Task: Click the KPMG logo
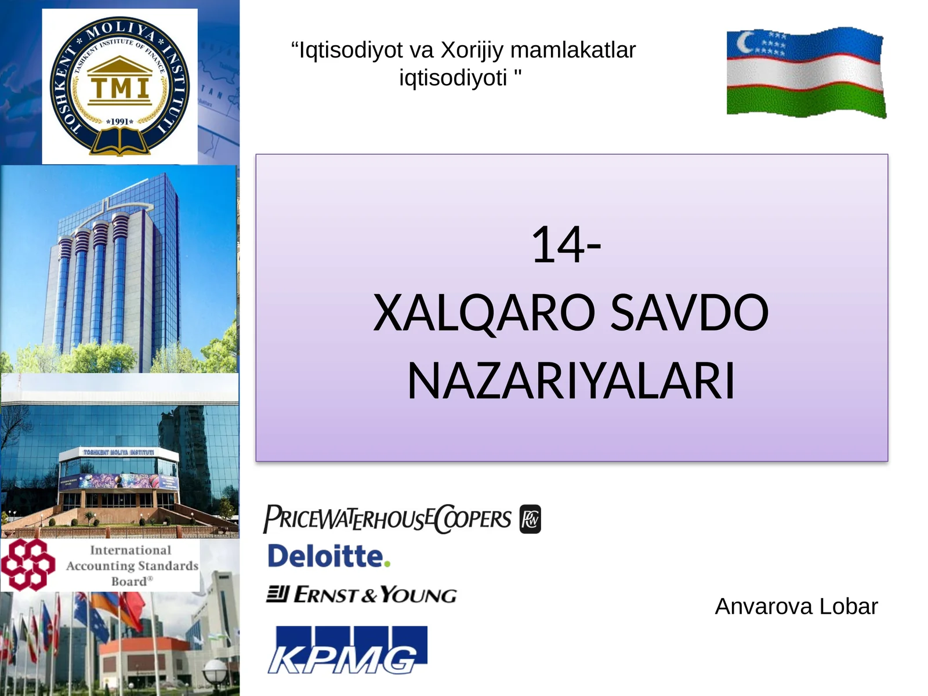(x=347, y=650)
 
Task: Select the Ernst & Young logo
(x=361, y=594)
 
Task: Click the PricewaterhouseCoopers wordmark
(x=387, y=519)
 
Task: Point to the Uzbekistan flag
(x=806, y=72)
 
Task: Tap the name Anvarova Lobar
(x=796, y=607)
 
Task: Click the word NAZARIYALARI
(x=571, y=382)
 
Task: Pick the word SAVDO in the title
(x=690, y=313)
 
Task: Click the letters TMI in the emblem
(x=120, y=88)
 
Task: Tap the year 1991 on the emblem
(x=120, y=122)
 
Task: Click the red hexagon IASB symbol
(x=27, y=564)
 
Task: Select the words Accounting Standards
(x=132, y=566)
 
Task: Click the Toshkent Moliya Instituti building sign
(x=118, y=452)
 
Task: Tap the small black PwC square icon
(x=530, y=519)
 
